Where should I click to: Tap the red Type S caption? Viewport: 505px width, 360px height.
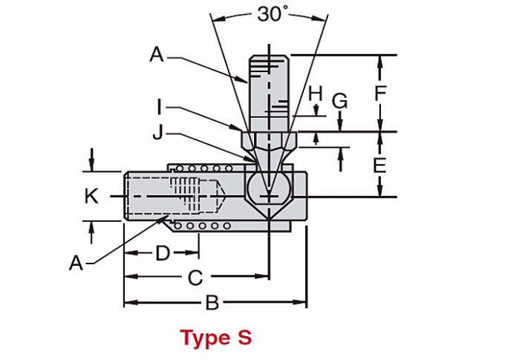pyautogui.click(x=216, y=338)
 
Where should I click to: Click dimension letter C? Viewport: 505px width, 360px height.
pyautogui.click(x=194, y=278)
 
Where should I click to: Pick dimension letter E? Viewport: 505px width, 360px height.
pyautogui.click(x=379, y=165)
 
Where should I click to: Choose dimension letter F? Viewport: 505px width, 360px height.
pyautogui.click(x=379, y=94)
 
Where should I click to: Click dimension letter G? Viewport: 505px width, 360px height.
pyautogui.click(x=339, y=102)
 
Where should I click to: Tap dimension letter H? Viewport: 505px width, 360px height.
pyautogui.click(x=316, y=94)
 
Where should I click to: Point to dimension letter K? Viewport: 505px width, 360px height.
pyautogui.click(x=91, y=196)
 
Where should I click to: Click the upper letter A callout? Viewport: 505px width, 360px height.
pyautogui.click(x=156, y=54)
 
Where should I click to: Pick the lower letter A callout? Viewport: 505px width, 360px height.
pyautogui.click(x=75, y=262)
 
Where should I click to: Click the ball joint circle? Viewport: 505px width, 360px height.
pyautogui.click(x=268, y=189)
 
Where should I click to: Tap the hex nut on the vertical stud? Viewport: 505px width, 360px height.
pyautogui.click(x=268, y=140)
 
